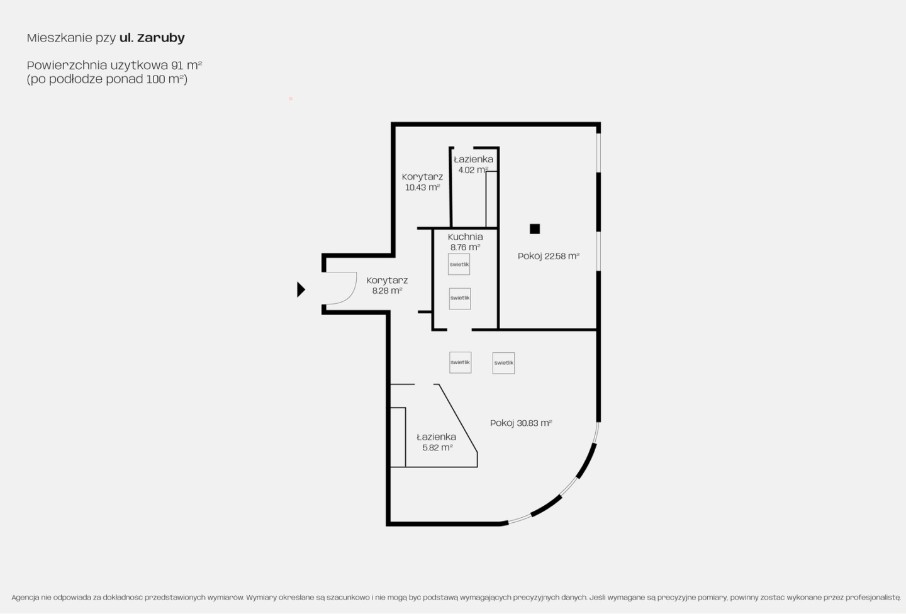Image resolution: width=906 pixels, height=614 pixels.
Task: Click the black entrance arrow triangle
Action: [301, 289]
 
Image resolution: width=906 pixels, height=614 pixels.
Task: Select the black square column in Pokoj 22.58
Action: [535, 229]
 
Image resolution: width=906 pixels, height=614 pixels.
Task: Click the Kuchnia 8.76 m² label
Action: [465, 242]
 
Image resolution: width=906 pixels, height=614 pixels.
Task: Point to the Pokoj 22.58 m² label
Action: [549, 256]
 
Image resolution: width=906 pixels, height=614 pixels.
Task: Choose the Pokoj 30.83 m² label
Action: [521, 423]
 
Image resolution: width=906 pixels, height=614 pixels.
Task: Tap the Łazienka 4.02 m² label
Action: [473, 165]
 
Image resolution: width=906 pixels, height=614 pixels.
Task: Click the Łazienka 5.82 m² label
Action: [437, 442]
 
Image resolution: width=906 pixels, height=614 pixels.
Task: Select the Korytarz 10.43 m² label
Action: [422, 182]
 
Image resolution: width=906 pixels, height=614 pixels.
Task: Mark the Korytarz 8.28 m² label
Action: [387, 285]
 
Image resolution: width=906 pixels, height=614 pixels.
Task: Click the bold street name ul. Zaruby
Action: [152, 38]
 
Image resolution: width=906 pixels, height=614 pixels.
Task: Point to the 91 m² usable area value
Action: [186, 65]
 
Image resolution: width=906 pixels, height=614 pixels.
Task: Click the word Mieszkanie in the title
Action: [59, 38]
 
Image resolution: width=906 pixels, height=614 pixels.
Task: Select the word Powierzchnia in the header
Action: [67, 65]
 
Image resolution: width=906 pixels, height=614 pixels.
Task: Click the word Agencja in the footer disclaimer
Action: [25, 598]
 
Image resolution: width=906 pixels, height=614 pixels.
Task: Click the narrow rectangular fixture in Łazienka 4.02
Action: [491, 199]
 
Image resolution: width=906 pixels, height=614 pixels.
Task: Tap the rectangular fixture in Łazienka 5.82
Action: [398, 437]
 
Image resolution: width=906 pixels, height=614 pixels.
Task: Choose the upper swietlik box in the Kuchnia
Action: [459, 264]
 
